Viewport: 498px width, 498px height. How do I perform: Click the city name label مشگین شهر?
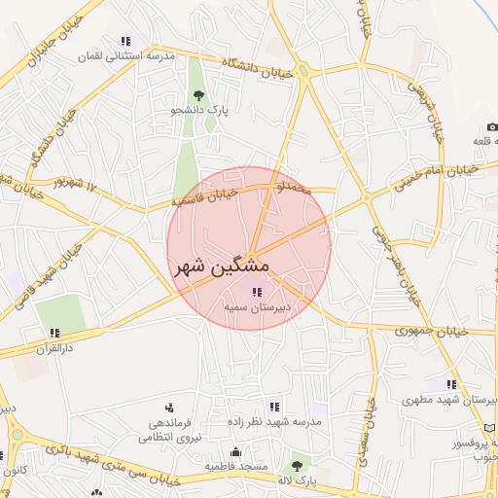222,265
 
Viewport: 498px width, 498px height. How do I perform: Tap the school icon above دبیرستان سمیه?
257,292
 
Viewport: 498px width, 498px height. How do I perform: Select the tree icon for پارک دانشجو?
198,95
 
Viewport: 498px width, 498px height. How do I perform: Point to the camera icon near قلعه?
492,127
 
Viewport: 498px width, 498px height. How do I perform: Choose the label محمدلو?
295,186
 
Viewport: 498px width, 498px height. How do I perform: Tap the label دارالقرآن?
54,346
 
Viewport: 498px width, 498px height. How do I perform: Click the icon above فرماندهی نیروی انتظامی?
168,408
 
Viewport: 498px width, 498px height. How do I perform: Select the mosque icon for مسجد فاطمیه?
235,452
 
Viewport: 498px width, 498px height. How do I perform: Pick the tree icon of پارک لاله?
296,466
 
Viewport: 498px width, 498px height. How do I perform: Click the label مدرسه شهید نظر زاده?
308,423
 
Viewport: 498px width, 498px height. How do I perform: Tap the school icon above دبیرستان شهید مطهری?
451,385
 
